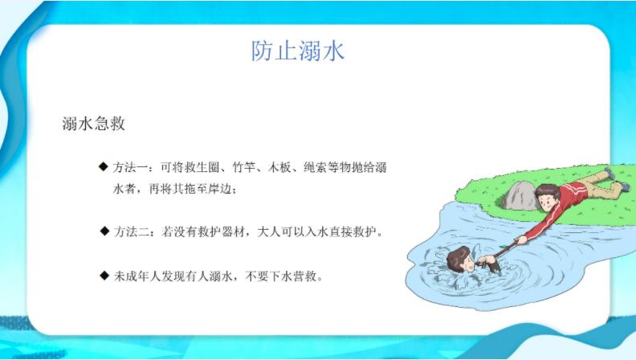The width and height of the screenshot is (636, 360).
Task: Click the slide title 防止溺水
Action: tap(297, 51)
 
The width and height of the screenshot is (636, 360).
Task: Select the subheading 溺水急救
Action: tap(93, 125)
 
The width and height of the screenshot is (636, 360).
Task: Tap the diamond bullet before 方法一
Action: tap(103, 166)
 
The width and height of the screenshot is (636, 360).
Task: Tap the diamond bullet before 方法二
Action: tap(103, 231)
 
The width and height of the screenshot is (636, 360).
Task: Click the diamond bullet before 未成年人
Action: tap(103, 276)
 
